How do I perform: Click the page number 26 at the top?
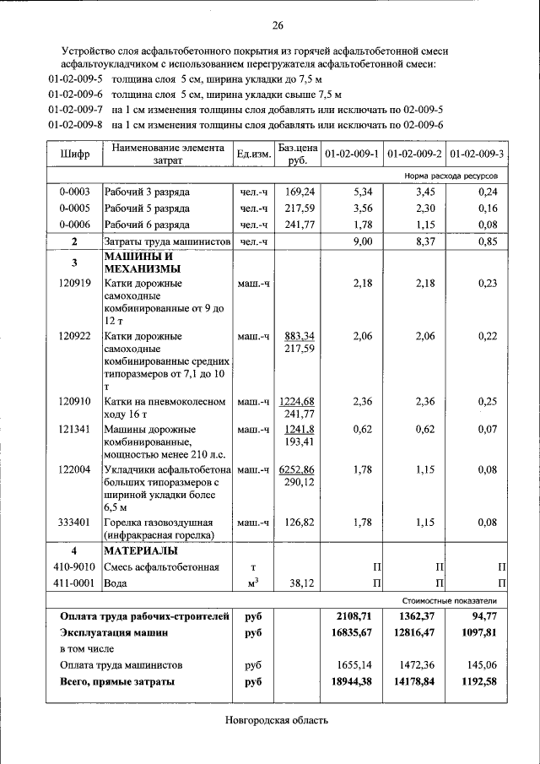(x=278, y=24)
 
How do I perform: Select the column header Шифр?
(x=74, y=154)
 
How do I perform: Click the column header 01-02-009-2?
(x=414, y=154)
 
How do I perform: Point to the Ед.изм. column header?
(x=253, y=154)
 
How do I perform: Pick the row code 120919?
(x=75, y=284)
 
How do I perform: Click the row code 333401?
(x=75, y=522)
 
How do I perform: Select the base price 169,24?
(x=299, y=192)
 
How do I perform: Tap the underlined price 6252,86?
(x=296, y=469)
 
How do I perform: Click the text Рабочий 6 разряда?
(x=147, y=224)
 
